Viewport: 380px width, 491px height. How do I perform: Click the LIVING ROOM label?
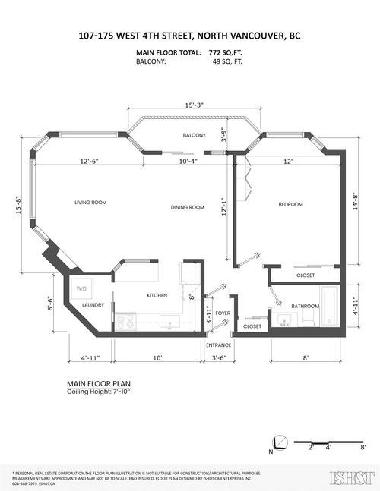tap(89, 203)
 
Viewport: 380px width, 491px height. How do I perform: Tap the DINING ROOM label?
tap(188, 207)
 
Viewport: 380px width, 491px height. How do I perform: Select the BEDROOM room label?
tap(290, 204)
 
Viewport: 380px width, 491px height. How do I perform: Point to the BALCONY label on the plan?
tap(194, 135)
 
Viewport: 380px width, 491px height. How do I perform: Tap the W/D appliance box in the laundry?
tap(81, 288)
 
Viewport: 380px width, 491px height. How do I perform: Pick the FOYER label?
tap(223, 313)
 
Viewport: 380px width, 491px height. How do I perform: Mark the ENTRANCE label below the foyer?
tap(220, 345)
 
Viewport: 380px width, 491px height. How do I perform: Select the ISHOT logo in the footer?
tap(347, 477)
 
